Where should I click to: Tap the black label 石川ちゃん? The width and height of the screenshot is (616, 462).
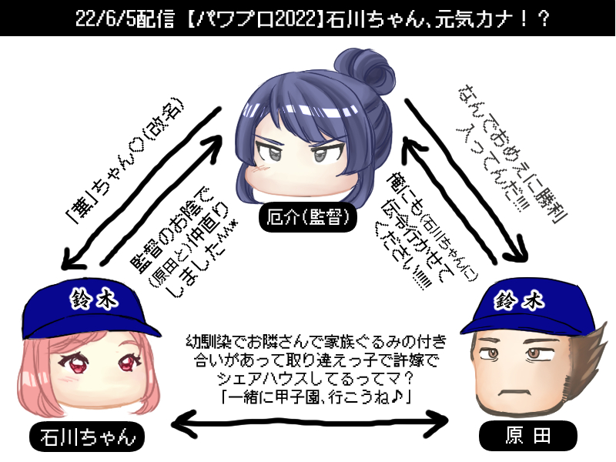(x=86, y=437)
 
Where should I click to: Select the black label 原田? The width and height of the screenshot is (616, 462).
(x=528, y=437)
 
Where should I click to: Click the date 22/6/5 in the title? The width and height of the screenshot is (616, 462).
(x=102, y=18)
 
